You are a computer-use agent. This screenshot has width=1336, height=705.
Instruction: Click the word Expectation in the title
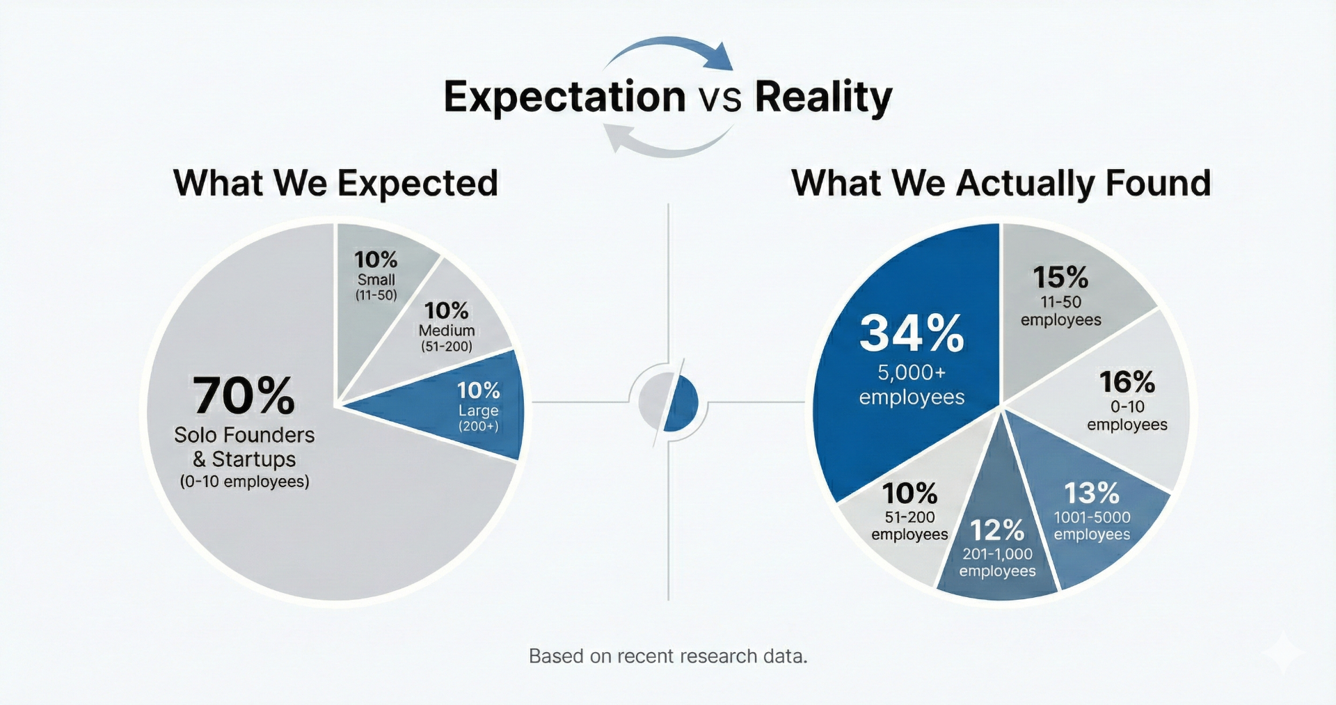(x=564, y=97)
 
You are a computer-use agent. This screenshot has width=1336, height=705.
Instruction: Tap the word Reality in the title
(x=822, y=97)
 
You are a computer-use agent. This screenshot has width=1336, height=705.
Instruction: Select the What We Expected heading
(x=335, y=184)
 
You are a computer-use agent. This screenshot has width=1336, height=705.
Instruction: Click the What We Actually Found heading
(x=1001, y=184)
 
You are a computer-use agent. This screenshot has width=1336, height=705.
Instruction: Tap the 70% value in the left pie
(x=244, y=396)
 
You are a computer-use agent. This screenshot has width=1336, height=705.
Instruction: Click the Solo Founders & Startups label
(x=244, y=447)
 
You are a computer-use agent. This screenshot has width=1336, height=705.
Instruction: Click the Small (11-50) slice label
(x=376, y=287)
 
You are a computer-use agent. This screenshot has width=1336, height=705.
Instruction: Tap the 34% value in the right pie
(x=912, y=333)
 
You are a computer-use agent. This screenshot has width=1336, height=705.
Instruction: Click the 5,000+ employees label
(x=912, y=385)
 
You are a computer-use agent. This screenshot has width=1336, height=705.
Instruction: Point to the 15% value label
(x=1060, y=278)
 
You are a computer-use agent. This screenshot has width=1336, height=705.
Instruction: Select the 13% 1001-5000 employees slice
(x=1091, y=515)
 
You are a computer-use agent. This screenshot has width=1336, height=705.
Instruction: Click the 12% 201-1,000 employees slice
(x=997, y=550)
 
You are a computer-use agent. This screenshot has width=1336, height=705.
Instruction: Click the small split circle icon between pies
(x=668, y=402)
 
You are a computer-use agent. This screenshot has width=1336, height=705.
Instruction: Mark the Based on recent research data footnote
(x=668, y=656)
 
